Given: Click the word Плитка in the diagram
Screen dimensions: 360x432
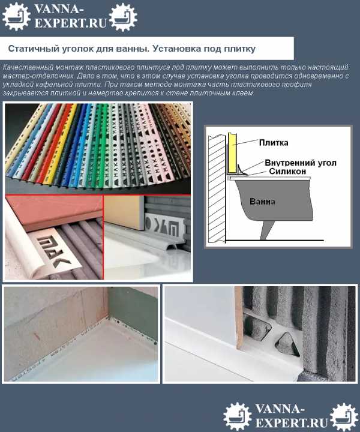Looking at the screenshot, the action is (x=274, y=143).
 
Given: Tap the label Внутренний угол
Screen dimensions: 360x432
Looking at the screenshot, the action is (x=301, y=163).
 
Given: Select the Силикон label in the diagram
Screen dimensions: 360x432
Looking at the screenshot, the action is (x=287, y=172).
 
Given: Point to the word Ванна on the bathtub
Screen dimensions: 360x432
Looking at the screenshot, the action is (x=262, y=202).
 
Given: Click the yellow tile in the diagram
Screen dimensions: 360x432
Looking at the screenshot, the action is (x=232, y=154).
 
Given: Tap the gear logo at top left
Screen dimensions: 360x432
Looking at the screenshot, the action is (x=16, y=16).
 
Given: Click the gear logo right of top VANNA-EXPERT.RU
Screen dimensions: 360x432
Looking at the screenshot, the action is (x=123, y=17).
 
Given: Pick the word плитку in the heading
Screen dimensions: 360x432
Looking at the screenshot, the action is (x=239, y=49).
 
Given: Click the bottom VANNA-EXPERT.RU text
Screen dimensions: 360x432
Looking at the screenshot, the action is (x=292, y=416).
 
